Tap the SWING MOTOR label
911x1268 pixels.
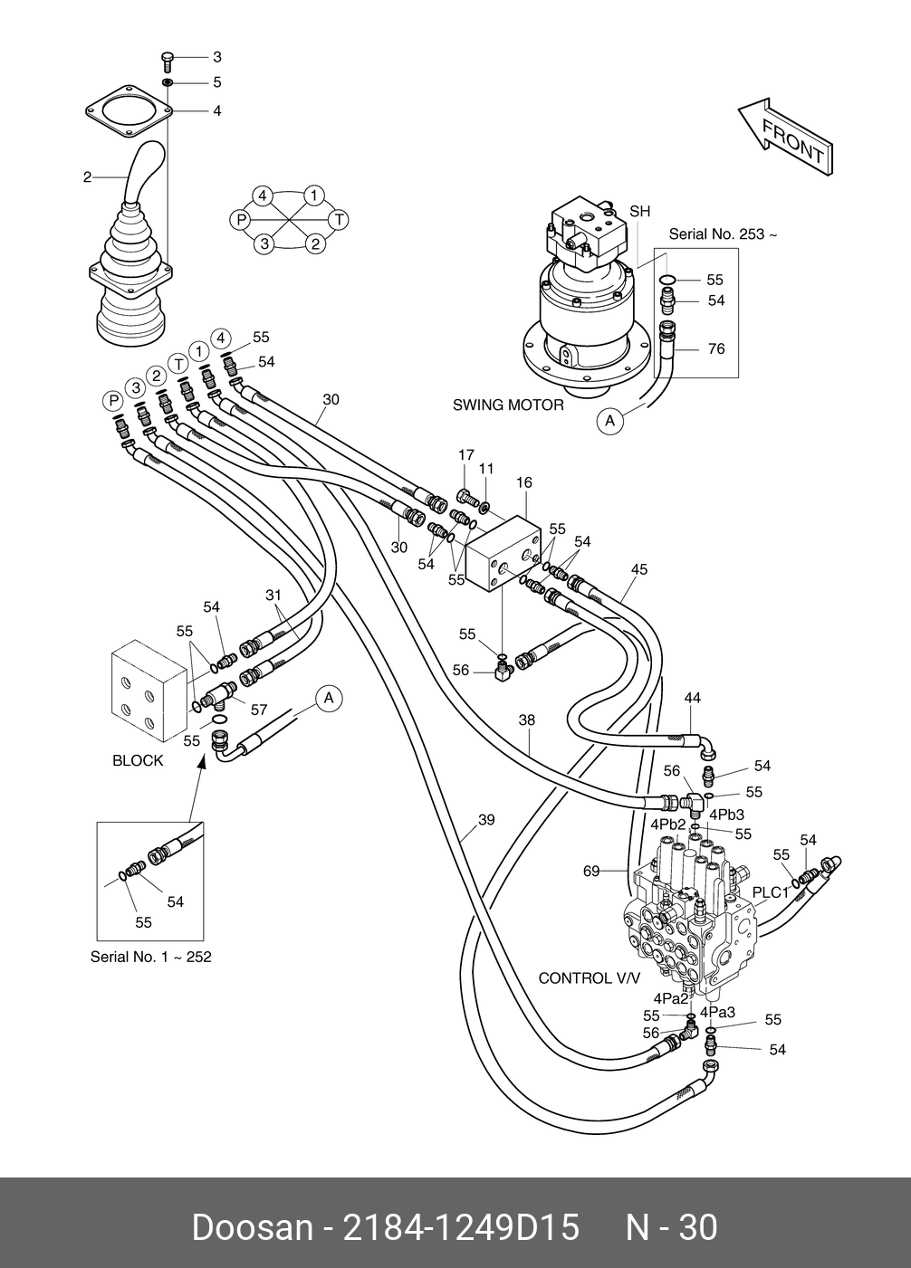(x=508, y=405)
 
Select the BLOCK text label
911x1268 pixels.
(x=138, y=760)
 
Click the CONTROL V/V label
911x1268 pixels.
(x=589, y=978)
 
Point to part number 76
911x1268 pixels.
(x=715, y=348)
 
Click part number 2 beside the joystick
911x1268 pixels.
(x=88, y=177)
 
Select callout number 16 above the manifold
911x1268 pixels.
(x=524, y=483)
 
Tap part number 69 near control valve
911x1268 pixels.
(x=591, y=872)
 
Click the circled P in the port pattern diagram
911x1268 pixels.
(x=240, y=219)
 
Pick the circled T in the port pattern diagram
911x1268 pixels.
(x=339, y=219)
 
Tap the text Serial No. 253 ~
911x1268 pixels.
(x=723, y=234)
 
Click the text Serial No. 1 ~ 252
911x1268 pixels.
(x=150, y=957)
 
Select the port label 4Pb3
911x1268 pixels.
(x=726, y=814)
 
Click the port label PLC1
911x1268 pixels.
(x=771, y=892)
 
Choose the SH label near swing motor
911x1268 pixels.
(x=640, y=212)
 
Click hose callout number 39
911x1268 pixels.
(x=486, y=821)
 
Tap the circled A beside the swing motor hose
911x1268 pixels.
(x=610, y=420)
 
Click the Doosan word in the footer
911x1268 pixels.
(x=251, y=1228)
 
